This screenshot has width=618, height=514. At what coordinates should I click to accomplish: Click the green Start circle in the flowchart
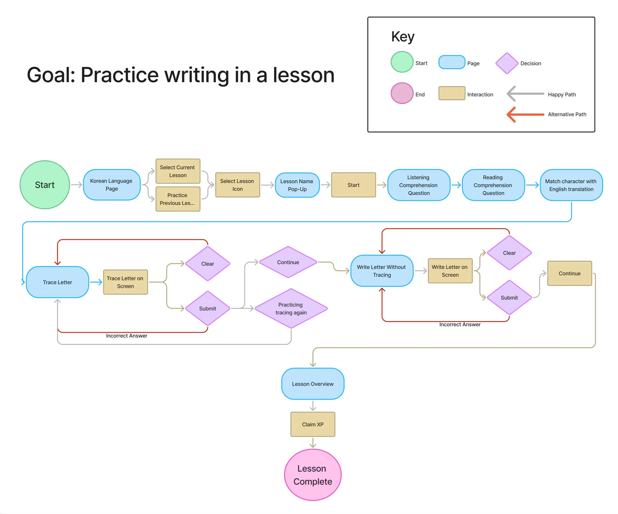45,185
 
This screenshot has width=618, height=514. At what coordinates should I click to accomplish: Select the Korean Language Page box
111,185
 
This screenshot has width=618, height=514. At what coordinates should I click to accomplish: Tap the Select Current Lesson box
178,171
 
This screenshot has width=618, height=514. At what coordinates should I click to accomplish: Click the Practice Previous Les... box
178,199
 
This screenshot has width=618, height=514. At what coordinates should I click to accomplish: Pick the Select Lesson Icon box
237,185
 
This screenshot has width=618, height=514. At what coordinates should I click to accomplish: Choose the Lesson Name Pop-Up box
297,185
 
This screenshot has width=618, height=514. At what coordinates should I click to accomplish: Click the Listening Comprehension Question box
419,185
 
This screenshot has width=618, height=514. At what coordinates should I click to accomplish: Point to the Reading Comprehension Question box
493,185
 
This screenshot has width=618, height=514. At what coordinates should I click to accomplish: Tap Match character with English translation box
571,185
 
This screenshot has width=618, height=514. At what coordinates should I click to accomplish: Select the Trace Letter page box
57,282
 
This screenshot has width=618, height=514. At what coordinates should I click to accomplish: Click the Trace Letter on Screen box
125,282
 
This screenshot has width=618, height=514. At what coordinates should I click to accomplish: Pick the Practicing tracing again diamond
291,308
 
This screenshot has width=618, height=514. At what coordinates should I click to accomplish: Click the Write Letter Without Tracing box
382,271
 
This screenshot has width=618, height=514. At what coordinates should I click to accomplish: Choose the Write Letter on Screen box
450,271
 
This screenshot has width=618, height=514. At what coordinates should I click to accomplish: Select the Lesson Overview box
313,384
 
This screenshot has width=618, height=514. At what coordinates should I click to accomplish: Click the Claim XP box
313,424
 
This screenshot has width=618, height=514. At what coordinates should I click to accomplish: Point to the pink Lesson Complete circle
313,475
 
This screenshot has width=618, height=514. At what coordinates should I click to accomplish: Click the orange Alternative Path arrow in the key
525,114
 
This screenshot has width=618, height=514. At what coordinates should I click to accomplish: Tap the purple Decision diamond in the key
507,63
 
